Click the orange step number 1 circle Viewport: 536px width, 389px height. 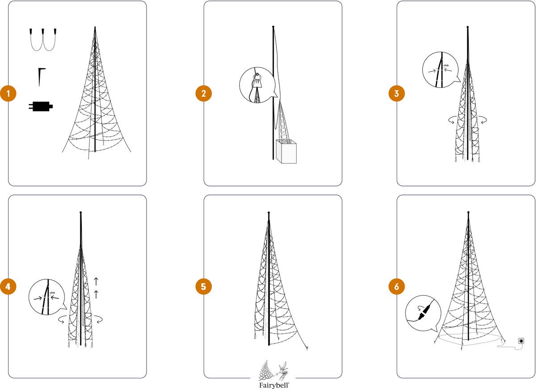click(8, 93)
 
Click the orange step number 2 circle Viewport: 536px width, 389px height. click(204, 93)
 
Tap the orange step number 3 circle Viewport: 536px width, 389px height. click(397, 93)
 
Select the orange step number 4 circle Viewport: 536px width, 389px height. click(8, 286)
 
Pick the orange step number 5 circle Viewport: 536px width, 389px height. click(204, 286)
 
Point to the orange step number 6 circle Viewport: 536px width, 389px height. click(397, 286)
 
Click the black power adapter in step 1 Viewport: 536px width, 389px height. click(41, 106)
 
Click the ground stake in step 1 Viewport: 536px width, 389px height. click(41, 77)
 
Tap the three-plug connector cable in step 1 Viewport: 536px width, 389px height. click(43, 39)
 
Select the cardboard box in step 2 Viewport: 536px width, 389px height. click(286, 152)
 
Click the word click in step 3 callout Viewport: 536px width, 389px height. click(446, 65)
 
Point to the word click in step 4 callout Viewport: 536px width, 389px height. click(52, 293)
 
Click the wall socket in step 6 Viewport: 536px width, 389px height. click(521, 341)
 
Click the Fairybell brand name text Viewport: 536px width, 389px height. click(274, 385)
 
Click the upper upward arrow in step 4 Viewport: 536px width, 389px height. click(96, 281)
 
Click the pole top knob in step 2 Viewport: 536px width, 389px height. click(273, 27)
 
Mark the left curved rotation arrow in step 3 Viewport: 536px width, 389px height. click(452, 120)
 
